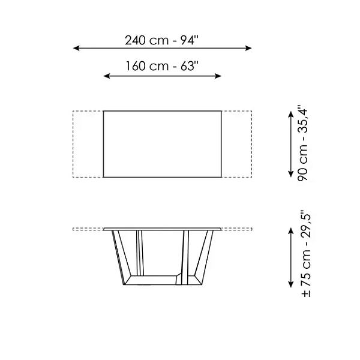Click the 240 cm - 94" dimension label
click(161, 40)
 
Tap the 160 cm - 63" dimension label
click(161, 66)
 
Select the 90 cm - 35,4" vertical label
click(302, 143)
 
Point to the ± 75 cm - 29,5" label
click(306, 253)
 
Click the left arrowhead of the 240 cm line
click(76, 48)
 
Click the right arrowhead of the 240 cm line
click(248, 48)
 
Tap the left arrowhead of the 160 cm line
click(107, 76)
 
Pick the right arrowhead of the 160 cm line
click(218, 76)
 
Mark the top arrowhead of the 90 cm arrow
click(291, 115)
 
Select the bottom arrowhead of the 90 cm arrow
click(291, 174)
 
